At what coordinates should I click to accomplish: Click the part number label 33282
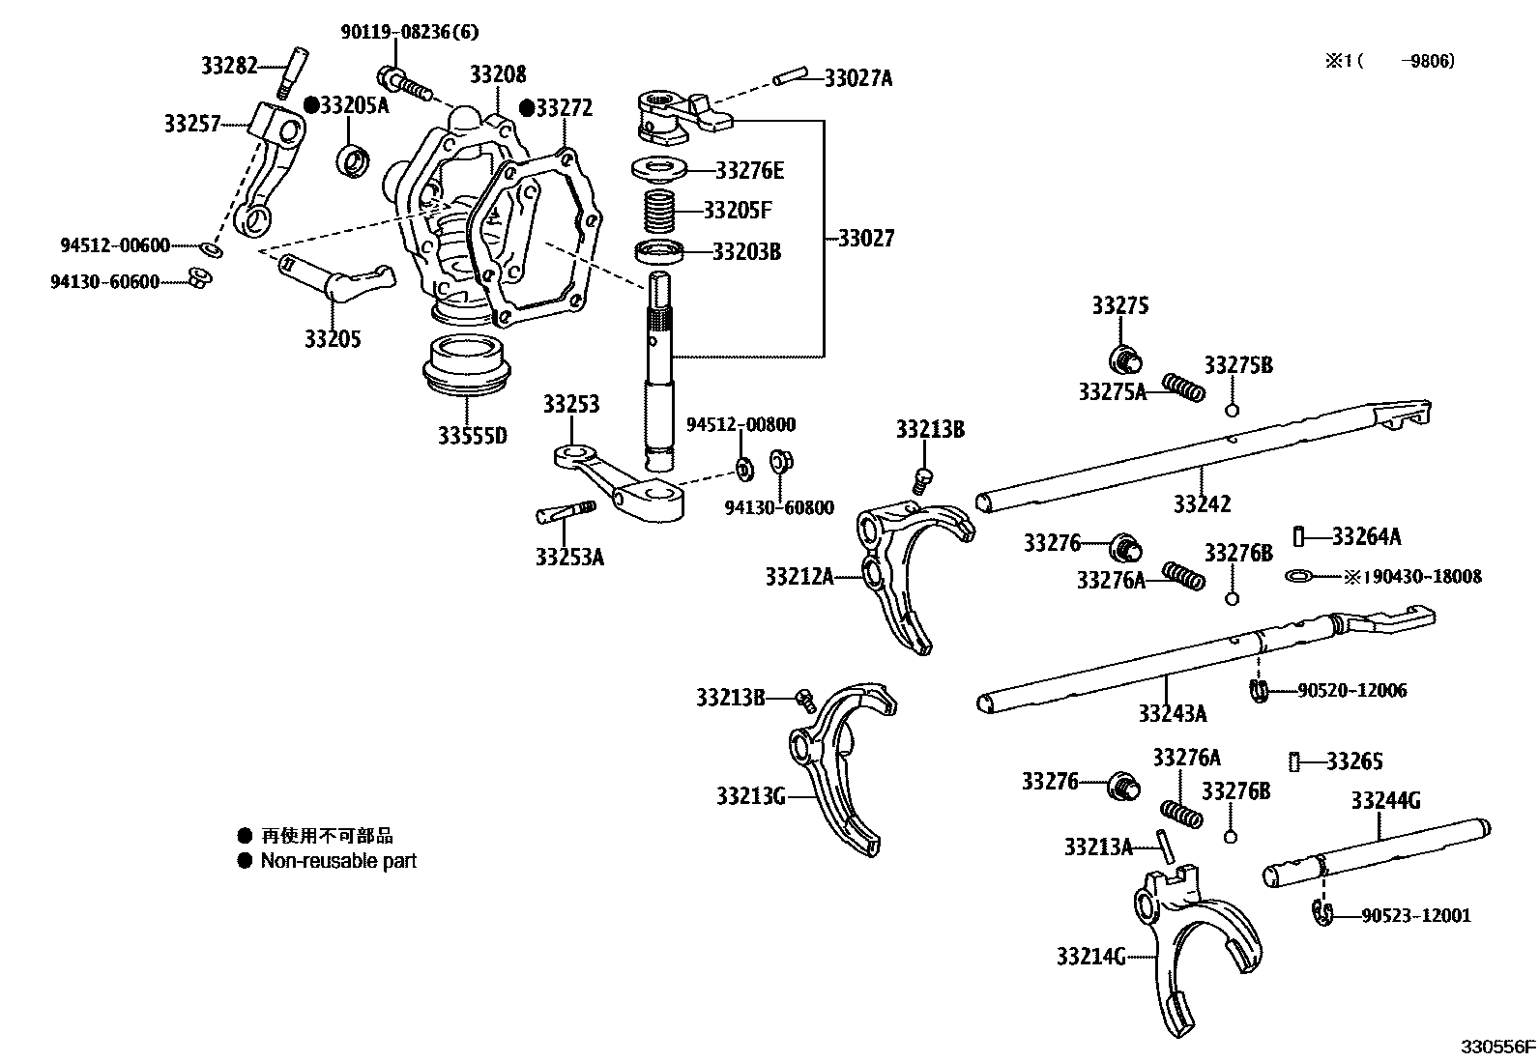(x=229, y=66)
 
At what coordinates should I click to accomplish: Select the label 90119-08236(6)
(x=409, y=31)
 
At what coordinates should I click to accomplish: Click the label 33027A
(x=858, y=78)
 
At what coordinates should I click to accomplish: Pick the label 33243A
(x=1172, y=713)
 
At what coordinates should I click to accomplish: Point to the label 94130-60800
(x=779, y=507)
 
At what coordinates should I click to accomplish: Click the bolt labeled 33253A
(x=566, y=513)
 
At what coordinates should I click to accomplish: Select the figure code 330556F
(x=1497, y=1047)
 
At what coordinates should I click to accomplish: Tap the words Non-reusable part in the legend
(x=338, y=860)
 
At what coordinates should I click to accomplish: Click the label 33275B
(x=1237, y=365)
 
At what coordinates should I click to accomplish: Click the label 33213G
(x=750, y=796)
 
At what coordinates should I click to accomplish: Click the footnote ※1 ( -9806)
(x=1389, y=61)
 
